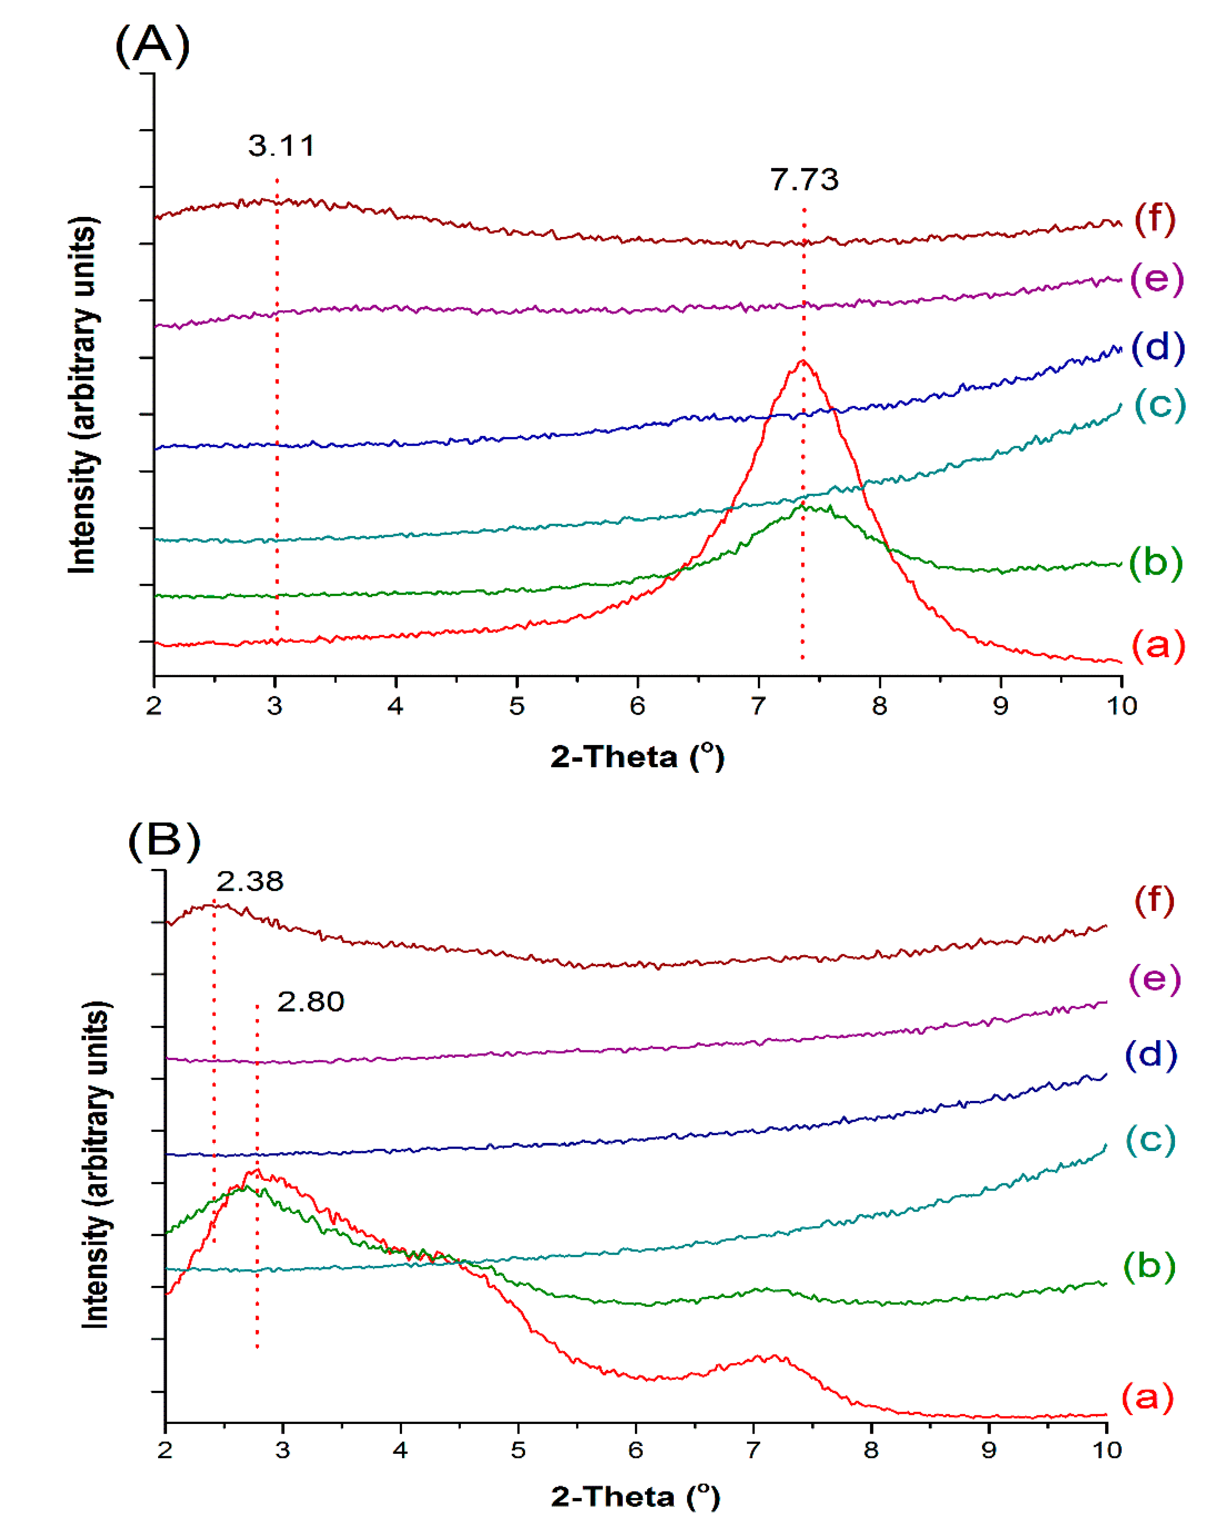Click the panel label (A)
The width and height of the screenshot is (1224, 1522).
tap(152, 45)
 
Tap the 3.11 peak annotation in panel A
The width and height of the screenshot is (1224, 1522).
tap(281, 146)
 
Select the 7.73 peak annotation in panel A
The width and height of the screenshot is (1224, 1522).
tap(804, 180)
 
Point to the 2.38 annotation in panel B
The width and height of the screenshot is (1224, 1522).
tap(250, 882)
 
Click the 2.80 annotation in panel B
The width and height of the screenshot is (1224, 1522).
tap(310, 1002)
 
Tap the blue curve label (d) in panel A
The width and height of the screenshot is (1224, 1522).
tap(1158, 347)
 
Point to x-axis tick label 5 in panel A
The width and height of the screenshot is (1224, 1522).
tap(517, 706)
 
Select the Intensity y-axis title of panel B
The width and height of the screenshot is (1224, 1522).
tap(96, 1165)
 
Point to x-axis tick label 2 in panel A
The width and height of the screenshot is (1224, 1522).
tap(154, 706)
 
